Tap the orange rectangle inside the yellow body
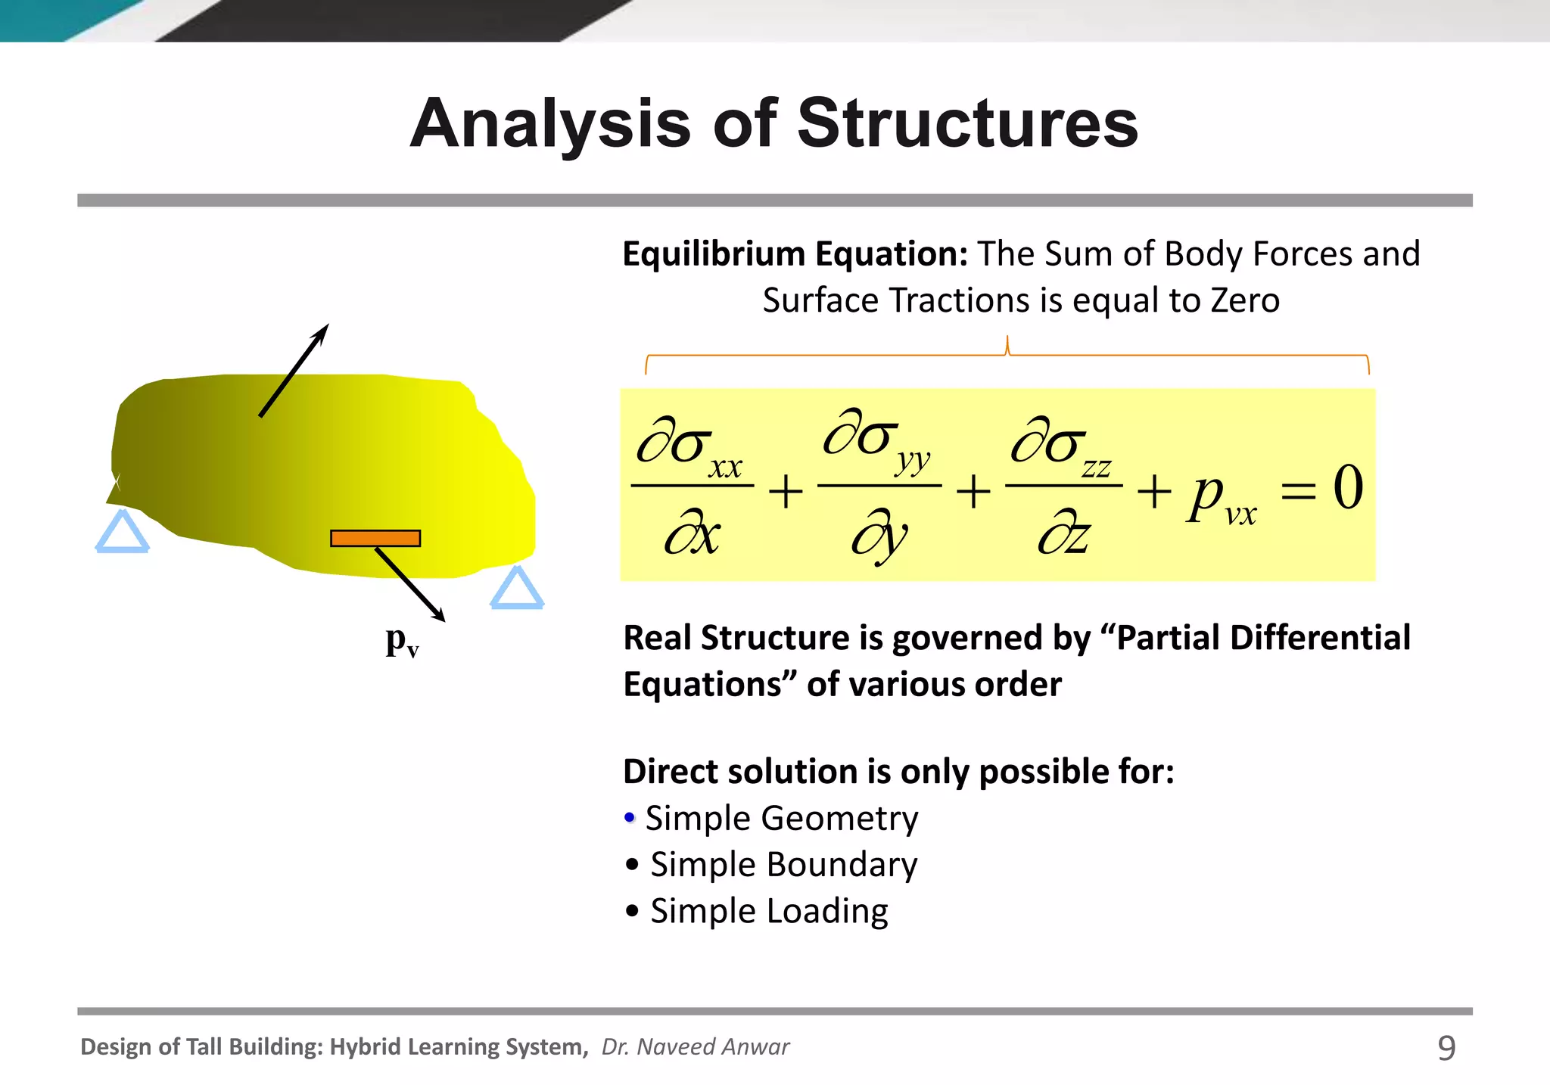pyautogui.click(x=375, y=538)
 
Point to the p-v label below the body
pyautogui.click(x=402, y=641)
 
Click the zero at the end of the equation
pyautogui.click(x=1347, y=487)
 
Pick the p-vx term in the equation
pyautogui.click(x=1221, y=499)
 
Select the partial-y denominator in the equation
pyautogui.click(x=879, y=536)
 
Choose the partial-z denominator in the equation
pyautogui.click(x=1063, y=536)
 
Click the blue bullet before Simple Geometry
pyautogui.click(x=630, y=818)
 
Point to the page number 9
pyautogui.click(x=1446, y=1048)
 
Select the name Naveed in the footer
pyautogui.click(x=677, y=1046)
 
